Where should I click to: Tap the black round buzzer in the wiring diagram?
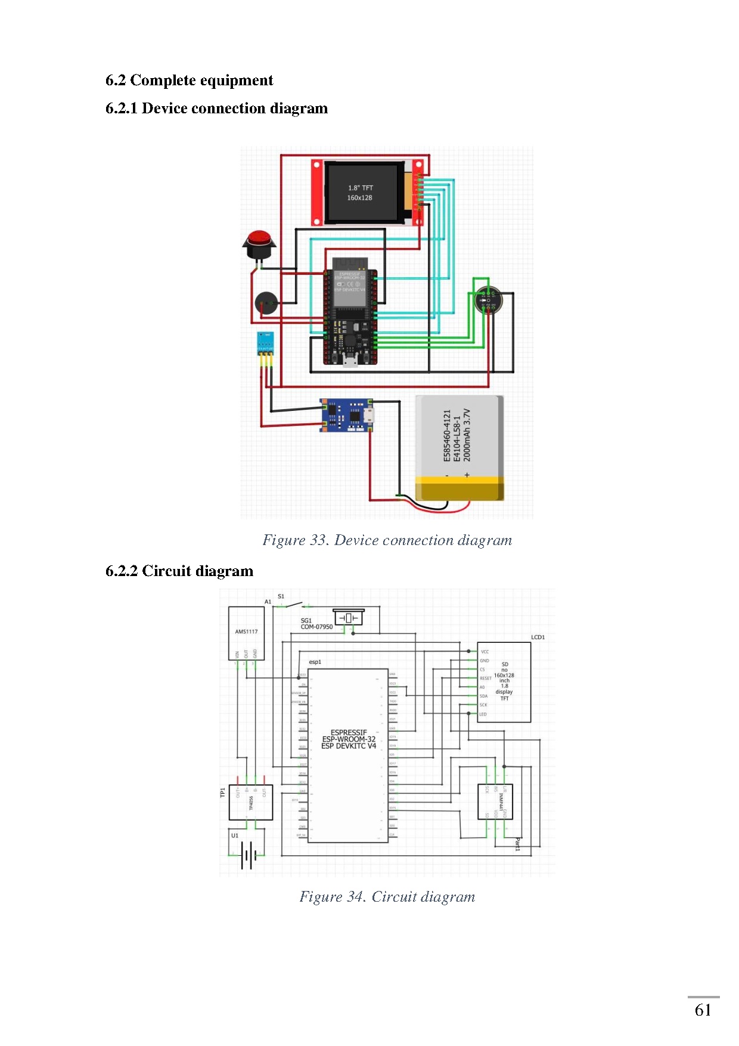pyautogui.click(x=266, y=304)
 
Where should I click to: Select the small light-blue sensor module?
pyautogui.click(x=265, y=343)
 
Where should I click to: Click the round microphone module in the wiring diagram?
pyautogui.click(x=488, y=300)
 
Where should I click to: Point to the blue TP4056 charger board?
pyautogui.click(x=346, y=415)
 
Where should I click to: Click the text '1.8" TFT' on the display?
pyautogui.click(x=361, y=188)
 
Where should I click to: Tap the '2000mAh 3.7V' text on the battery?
pyautogui.click(x=467, y=435)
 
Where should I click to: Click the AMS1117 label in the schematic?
pyautogui.click(x=246, y=632)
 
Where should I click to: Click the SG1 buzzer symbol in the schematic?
pyautogui.click(x=349, y=618)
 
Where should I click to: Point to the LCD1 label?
pyautogui.click(x=538, y=637)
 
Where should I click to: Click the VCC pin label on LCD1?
pyautogui.click(x=485, y=652)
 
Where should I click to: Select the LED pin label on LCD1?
pyautogui.click(x=483, y=714)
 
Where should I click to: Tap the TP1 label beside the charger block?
pyautogui.click(x=223, y=793)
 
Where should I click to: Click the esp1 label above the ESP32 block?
pyautogui.click(x=315, y=662)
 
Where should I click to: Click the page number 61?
pyautogui.click(x=703, y=1010)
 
